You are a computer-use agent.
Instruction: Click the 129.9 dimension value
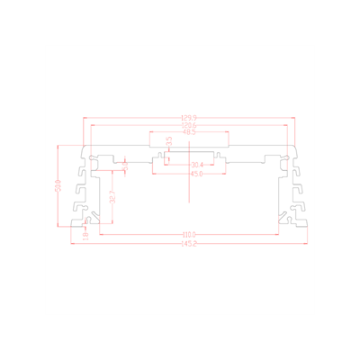point(189,118)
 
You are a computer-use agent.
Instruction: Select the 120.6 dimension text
point(189,126)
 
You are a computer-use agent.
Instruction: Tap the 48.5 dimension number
point(189,134)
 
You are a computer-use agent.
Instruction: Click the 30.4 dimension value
point(197,165)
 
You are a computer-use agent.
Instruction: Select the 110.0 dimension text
point(189,236)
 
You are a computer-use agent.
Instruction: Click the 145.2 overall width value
point(189,244)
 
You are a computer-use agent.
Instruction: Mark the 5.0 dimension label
point(125,165)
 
